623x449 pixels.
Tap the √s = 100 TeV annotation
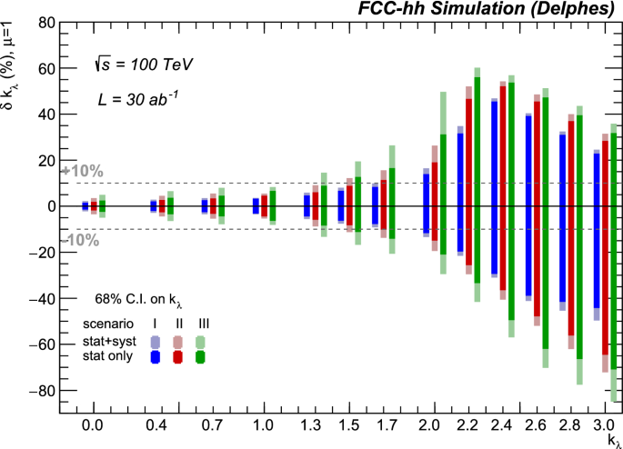pos(143,65)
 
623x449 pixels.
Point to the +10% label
pos(82,171)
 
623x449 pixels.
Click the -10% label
pos(83,240)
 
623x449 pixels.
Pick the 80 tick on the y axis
pos(43,22)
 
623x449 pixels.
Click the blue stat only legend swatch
pos(156,357)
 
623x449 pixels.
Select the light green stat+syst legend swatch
pos(200,341)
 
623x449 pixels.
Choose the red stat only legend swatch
pos(178,357)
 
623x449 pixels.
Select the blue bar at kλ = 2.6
pos(528,206)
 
